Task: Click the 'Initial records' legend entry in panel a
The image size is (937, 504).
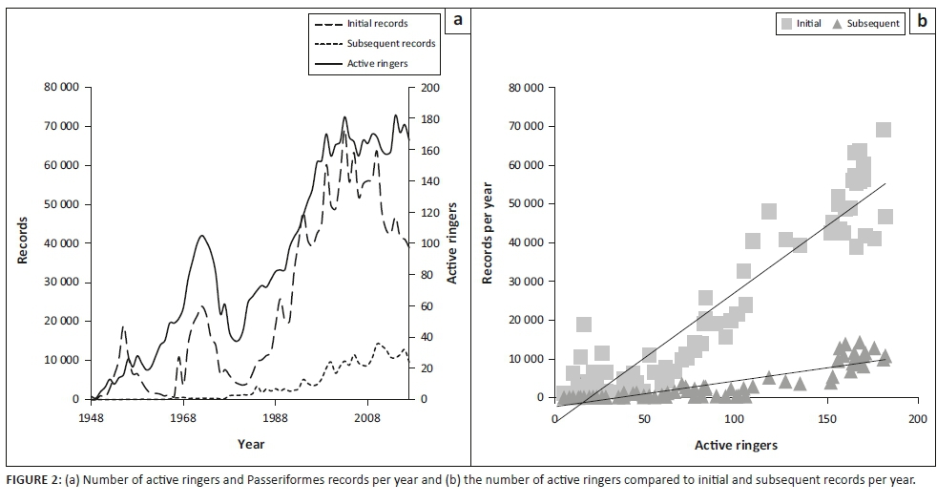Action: tap(374, 23)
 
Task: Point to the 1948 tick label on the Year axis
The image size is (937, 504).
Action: tap(92, 418)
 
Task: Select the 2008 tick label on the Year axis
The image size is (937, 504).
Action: tap(367, 418)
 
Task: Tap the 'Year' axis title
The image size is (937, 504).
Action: tap(251, 444)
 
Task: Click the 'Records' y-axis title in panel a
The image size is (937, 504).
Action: tap(22, 241)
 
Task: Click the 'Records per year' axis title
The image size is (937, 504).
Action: tap(487, 241)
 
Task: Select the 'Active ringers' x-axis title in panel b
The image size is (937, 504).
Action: tap(736, 446)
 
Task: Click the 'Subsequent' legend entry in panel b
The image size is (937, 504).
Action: tap(866, 24)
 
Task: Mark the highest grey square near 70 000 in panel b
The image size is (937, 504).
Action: tap(884, 130)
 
